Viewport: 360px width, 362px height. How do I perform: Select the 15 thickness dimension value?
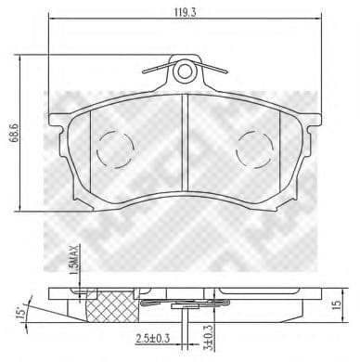point(339,303)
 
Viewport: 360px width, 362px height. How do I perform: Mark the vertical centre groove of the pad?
point(186,149)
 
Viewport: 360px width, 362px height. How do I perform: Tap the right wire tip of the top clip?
point(228,72)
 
